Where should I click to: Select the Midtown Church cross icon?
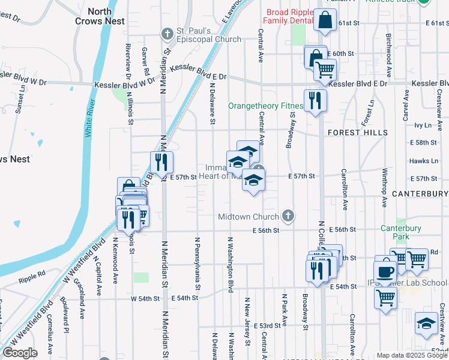[289, 216]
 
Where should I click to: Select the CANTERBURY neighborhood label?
[420, 194]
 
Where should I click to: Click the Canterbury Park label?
[401, 232]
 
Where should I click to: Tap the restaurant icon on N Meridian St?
[161, 161]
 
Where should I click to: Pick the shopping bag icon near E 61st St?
[324, 19]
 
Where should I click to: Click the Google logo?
[20, 353]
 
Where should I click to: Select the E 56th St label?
[266, 230]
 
